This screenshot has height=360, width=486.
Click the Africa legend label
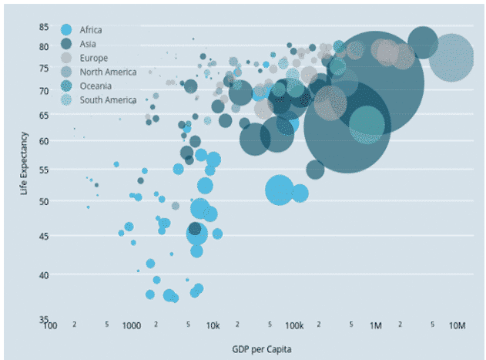(91, 30)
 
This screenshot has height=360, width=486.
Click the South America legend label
(108, 99)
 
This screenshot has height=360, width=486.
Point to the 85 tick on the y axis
(45, 27)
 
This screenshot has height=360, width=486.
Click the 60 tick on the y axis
(45, 141)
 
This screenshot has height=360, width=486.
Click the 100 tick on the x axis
(51, 325)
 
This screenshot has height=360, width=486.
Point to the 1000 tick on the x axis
(130, 325)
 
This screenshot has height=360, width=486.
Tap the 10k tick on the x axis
(213, 325)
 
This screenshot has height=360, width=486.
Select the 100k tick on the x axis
(293, 325)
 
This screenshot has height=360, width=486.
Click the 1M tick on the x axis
(376, 325)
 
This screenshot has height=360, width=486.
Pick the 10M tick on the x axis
(457, 325)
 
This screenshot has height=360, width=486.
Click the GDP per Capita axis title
(261, 349)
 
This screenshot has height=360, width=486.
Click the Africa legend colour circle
(66, 30)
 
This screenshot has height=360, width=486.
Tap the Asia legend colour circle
(66, 44)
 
